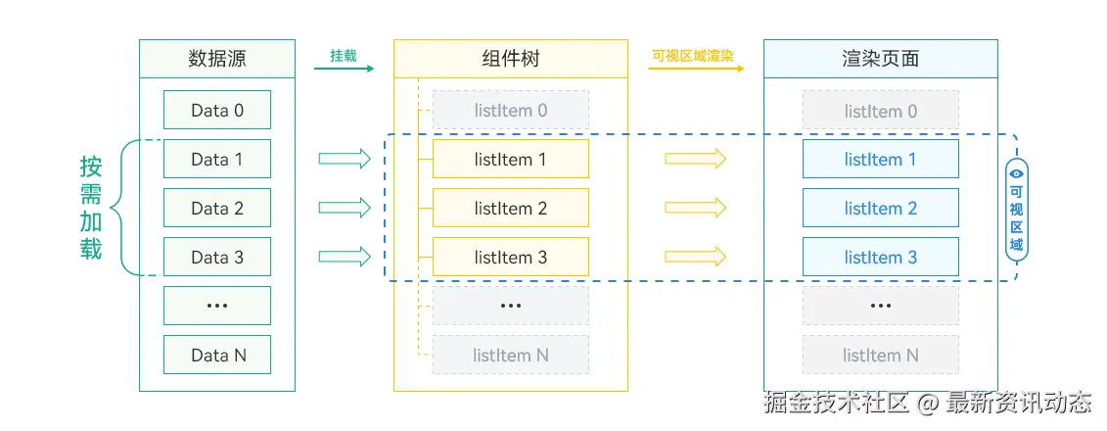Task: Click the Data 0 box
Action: click(216, 110)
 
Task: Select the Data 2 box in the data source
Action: click(216, 208)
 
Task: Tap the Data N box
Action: click(216, 355)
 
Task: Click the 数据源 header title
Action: click(216, 58)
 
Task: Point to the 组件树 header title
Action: click(510, 58)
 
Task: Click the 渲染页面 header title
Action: click(880, 58)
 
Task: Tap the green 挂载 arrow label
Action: click(344, 56)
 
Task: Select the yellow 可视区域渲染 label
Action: click(694, 56)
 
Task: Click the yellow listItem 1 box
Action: click(510, 159)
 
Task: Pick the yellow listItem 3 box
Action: click(510, 257)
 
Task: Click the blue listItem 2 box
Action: click(880, 208)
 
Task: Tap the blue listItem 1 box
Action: click(880, 159)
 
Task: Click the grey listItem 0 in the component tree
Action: click(510, 110)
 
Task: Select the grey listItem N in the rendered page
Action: click(880, 355)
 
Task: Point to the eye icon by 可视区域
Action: click(1016, 173)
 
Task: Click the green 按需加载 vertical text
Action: click(91, 208)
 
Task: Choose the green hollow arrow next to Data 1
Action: click(345, 159)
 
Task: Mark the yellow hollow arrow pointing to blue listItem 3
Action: click(695, 257)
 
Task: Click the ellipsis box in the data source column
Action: click(216, 306)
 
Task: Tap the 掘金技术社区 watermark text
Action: click(837, 403)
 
